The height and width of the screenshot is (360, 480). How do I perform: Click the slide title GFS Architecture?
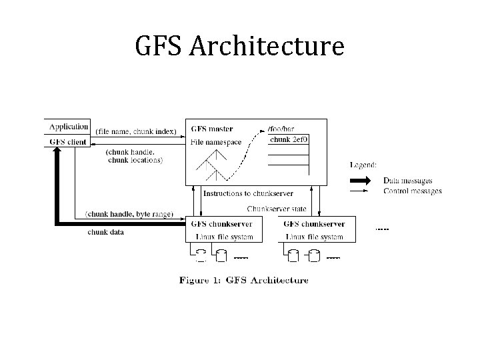click(239, 47)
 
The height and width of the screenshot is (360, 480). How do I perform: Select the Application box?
click(68, 127)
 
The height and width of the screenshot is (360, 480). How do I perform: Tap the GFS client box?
click(68, 142)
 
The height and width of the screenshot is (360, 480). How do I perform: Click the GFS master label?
click(211, 129)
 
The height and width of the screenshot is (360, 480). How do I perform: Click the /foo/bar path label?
click(280, 129)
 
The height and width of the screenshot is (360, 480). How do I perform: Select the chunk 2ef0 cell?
click(289, 140)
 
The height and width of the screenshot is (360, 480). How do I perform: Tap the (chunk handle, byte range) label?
click(129, 214)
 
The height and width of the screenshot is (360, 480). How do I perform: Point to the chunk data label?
click(106, 232)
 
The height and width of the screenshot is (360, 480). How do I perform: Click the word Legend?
click(363, 164)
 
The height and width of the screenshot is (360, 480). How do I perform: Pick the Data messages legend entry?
click(407, 181)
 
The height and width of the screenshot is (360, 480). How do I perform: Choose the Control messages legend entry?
click(412, 191)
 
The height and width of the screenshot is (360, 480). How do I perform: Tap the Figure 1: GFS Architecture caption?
click(243, 280)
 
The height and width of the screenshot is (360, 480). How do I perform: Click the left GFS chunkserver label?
click(222, 224)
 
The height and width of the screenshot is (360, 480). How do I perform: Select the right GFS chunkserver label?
click(314, 224)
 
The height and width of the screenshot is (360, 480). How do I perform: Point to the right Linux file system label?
click(315, 237)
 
